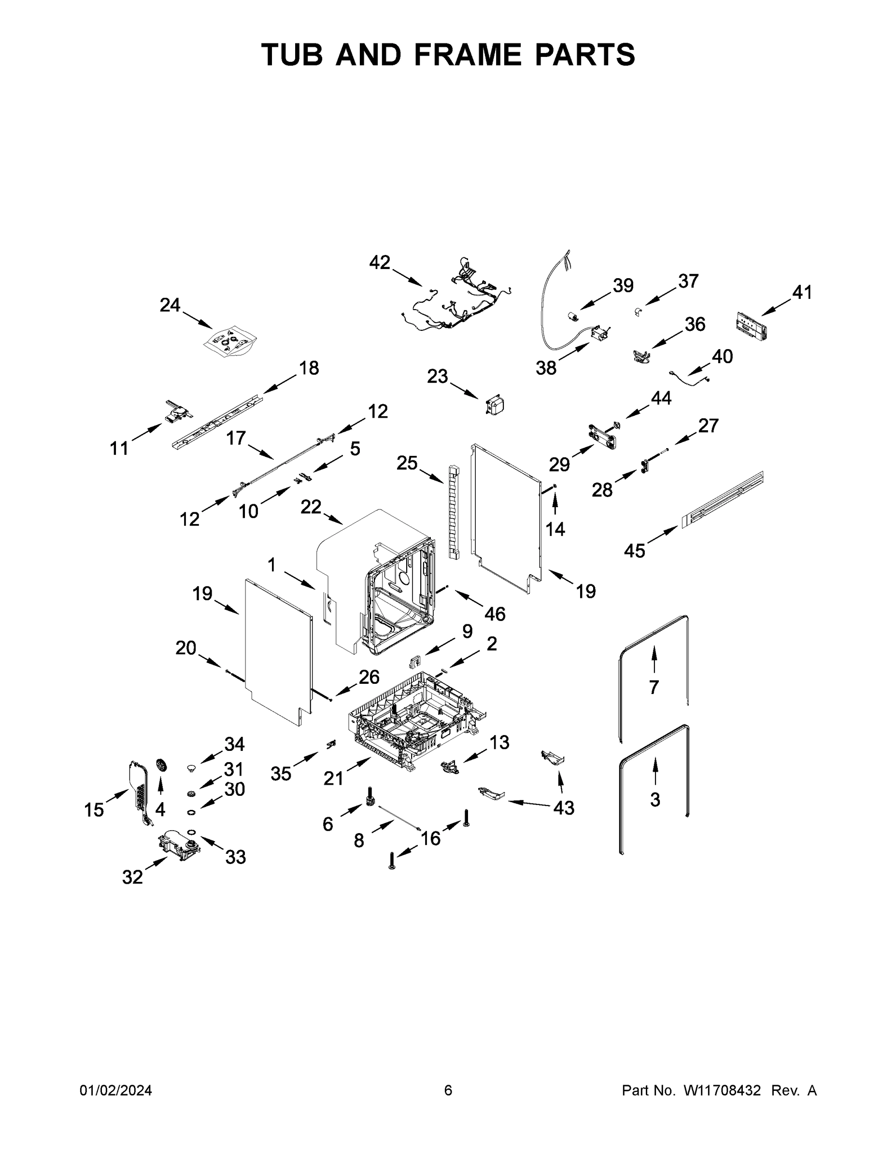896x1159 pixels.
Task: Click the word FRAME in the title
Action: (x=467, y=55)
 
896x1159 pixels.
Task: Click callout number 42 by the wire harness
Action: (x=380, y=262)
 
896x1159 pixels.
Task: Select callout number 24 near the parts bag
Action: (x=170, y=305)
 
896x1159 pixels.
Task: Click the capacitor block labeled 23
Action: (x=495, y=406)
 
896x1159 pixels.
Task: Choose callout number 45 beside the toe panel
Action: (x=634, y=551)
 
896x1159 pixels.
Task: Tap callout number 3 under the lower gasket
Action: (x=655, y=799)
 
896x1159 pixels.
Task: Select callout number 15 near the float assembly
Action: (x=94, y=810)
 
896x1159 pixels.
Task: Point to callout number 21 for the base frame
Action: (x=333, y=778)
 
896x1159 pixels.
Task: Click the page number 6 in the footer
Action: (x=448, y=1090)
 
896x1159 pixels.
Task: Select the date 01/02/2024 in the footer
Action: (x=116, y=1090)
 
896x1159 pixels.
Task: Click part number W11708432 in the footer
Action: (x=722, y=1090)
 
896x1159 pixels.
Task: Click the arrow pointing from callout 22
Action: (x=333, y=519)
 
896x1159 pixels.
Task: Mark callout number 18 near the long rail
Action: (x=309, y=368)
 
